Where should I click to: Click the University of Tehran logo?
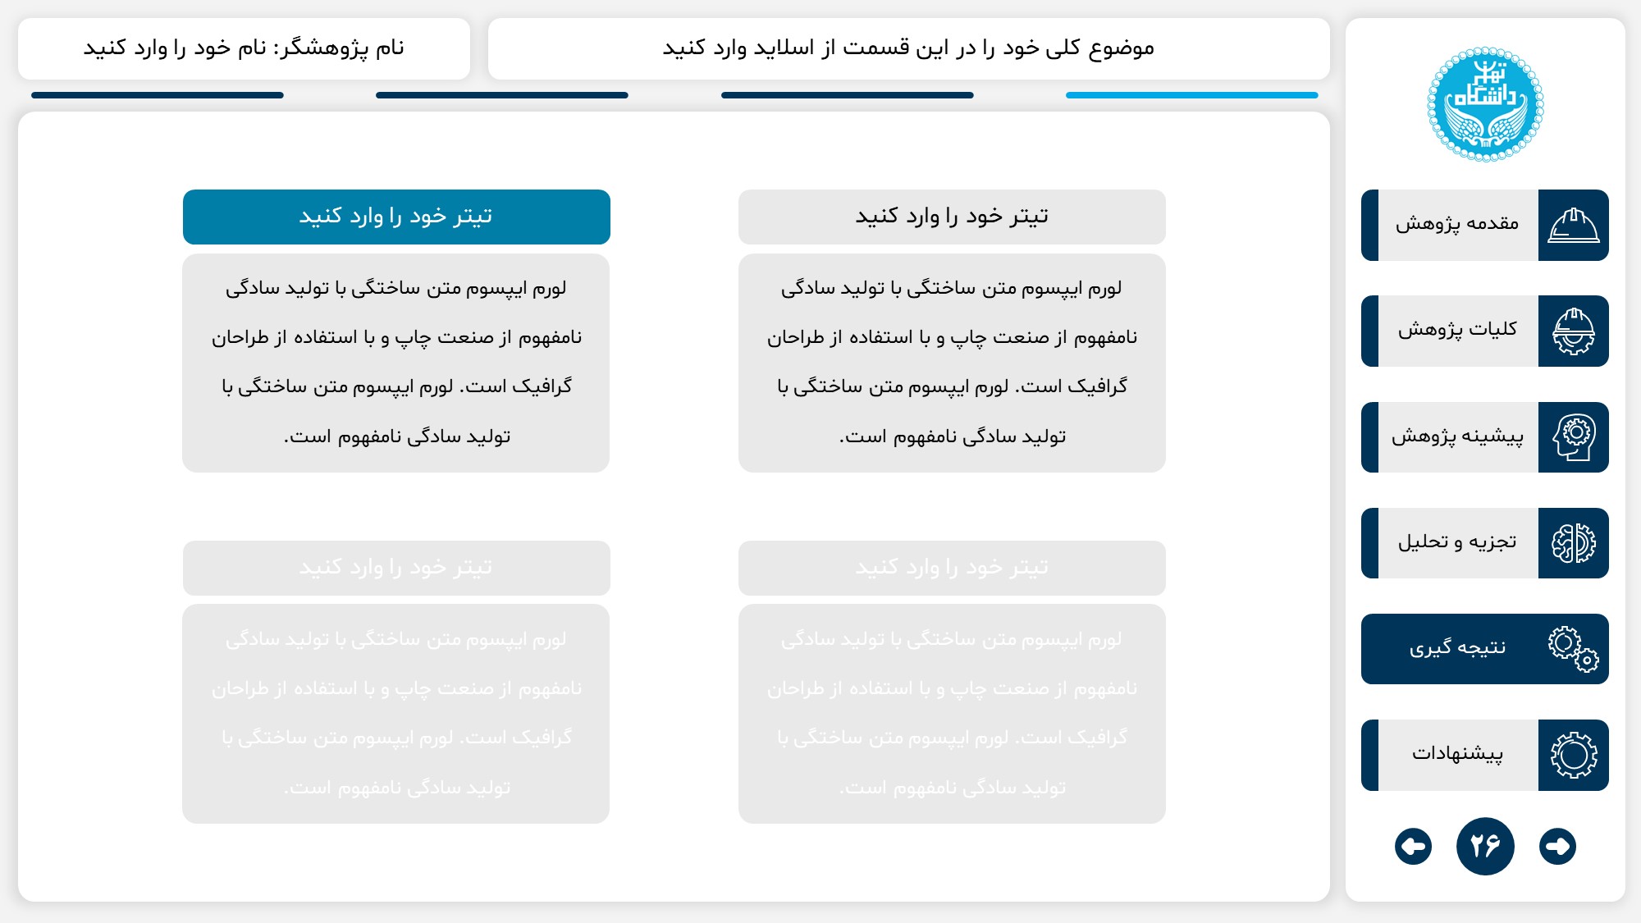click(1485, 104)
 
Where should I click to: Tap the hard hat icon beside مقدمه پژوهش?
click(1573, 225)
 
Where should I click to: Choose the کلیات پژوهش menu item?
click(1457, 331)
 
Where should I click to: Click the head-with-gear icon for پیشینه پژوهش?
click(1573, 437)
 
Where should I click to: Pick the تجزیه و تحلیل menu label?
click(1457, 542)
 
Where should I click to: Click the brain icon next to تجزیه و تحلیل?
click(1573, 542)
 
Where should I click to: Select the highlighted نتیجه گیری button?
click(1457, 649)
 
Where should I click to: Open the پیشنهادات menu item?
click(1457, 755)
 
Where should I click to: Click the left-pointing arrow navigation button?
click(1413, 846)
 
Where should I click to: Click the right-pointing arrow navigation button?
click(1557, 846)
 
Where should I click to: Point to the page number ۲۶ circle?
click(1485, 846)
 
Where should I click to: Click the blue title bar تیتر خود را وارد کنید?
click(396, 217)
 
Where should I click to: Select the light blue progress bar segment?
click(1191, 95)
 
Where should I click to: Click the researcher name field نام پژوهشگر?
click(244, 48)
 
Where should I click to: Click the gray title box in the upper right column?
click(952, 217)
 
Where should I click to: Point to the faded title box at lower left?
click(396, 568)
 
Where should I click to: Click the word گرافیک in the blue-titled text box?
click(542, 386)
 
